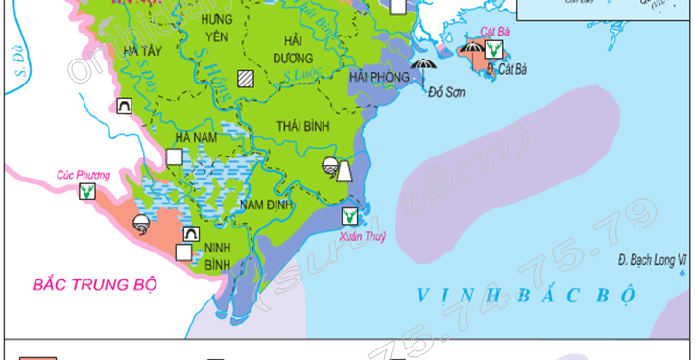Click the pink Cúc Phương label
(x=83, y=176)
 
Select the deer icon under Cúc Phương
(x=88, y=192)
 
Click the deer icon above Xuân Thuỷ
(x=350, y=216)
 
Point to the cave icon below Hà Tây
(x=123, y=108)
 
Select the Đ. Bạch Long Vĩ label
(x=654, y=260)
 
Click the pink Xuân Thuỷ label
(x=361, y=236)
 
